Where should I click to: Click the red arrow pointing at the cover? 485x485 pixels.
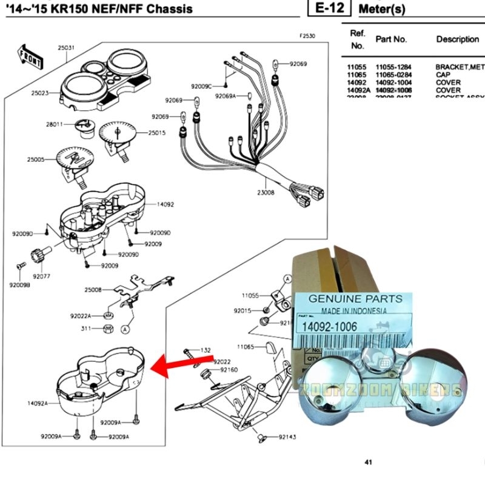175,365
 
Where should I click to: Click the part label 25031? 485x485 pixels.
66,48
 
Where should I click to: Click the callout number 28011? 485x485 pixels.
55,124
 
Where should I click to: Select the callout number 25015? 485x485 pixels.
157,133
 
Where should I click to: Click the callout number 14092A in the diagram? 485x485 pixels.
37,403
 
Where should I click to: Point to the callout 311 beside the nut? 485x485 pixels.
86,329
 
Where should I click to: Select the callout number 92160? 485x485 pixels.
229,369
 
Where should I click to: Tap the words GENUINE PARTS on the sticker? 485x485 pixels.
355,299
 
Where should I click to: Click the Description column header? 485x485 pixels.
457,39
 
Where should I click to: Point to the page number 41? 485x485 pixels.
368,463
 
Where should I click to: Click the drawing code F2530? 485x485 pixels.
307,36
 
